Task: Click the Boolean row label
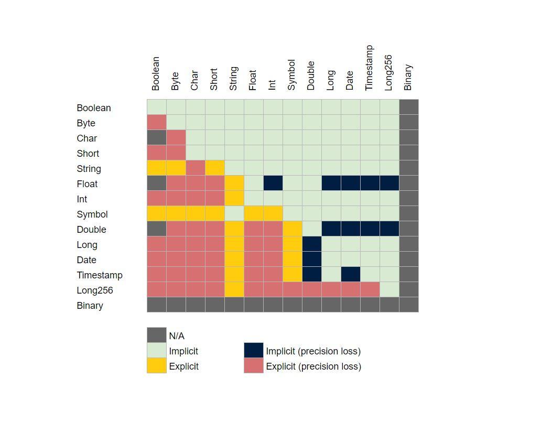click(94, 108)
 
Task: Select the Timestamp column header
click(369, 68)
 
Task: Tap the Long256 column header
click(388, 72)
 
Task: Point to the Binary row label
click(90, 306)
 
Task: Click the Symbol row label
click(92, 214)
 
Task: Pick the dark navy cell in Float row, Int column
click(273, 183)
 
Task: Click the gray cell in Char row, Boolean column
click(157, 138)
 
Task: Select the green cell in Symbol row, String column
click(234, 214)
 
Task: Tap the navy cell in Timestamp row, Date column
click(351, 275)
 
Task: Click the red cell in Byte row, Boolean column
click(157, 123)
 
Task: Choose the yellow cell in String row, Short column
click(215, 168)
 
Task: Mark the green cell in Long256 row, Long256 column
click(389, 290)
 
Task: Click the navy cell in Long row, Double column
click(312, 244)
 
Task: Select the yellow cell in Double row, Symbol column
click(293, 229)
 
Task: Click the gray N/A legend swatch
click(157, 336)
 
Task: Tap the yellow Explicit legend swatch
click(157, 366)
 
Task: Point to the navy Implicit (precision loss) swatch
click(254, 351)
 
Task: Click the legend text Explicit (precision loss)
click(313, 366)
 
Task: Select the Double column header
click(311, 75)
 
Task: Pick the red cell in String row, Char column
click(196, 168)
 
